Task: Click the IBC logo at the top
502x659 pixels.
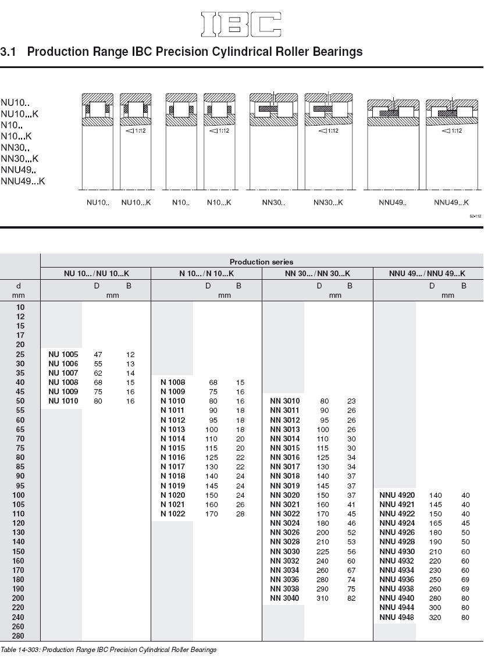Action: click(x=241, y=24)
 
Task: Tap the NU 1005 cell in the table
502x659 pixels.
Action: click(x=63, y=354)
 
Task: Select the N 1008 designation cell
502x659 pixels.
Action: click(x=173, y=383)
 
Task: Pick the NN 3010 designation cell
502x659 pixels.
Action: click(x=285, y=401)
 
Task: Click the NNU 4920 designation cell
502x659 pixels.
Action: click(x=397, y=496)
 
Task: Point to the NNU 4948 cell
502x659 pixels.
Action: click(x=397, y=617)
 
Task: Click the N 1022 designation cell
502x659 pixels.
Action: click(x=173, y=514)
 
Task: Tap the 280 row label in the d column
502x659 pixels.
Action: click(x=20, y=636)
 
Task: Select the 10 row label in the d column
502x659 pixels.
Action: click(x=20, y=307)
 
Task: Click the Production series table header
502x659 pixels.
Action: click(x=261, y=262)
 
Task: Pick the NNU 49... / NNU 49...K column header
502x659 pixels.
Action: click(x=428, y=273)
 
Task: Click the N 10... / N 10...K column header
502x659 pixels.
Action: click(x=206, y=273)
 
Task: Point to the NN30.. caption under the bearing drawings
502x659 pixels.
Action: click(x=274, y=203)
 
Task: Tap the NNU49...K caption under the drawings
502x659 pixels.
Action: click(x=451, y=203)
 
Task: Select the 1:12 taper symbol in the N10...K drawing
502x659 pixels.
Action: click(x=219, y=131)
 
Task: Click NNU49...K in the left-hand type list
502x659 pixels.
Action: click(x=23, y=181)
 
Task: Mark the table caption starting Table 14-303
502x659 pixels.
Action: click(x=108, y=650)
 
